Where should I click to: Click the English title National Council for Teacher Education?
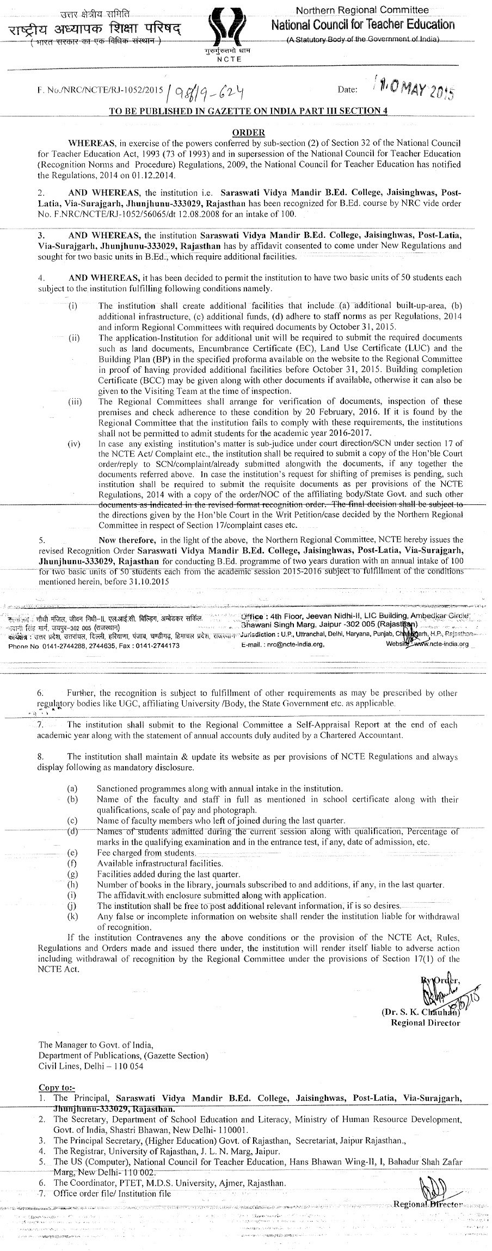(x=370, y=24)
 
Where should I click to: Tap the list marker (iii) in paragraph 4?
(x=74, y=402)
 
